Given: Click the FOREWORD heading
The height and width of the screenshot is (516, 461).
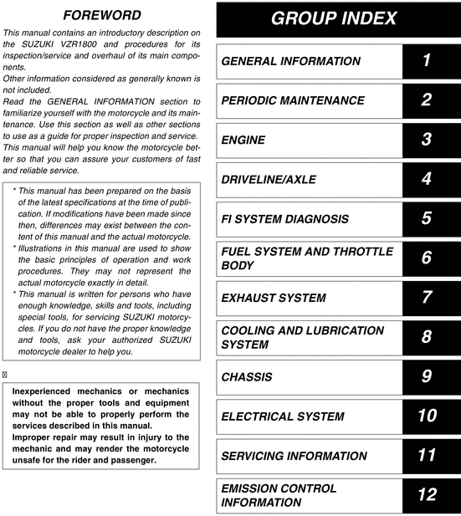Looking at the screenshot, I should coord(102,16).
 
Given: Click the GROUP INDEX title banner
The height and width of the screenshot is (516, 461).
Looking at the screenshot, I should coord(335,18).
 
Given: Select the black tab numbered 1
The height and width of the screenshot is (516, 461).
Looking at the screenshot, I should coord(427,61).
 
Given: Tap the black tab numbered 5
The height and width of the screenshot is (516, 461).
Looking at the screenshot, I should coord(427,219).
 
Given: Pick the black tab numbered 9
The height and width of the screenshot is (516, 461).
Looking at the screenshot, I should coord(427,377).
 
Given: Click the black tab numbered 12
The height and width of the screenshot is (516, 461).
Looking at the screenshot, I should coord(427,495).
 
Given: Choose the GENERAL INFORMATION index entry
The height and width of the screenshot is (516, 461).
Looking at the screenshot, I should coord(290,61).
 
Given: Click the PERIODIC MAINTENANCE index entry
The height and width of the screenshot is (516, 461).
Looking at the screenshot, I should coord(293,100).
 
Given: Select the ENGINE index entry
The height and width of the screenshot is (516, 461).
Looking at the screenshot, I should coord(243,140).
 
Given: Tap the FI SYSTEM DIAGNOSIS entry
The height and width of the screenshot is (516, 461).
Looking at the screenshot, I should coord(285,219).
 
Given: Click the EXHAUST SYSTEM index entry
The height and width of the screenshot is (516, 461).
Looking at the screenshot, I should coord(274,298).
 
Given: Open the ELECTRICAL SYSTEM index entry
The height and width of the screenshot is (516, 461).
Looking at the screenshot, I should coord(282,416).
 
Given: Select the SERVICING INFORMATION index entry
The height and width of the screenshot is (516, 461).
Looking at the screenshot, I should coord(294,456).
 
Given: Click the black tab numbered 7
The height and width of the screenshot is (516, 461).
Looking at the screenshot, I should coord(427,298).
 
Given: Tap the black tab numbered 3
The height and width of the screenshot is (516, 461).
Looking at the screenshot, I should coord(427,140).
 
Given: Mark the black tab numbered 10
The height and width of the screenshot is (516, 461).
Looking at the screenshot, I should coord(427,416).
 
